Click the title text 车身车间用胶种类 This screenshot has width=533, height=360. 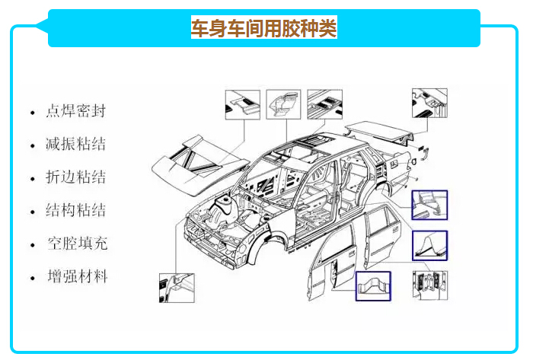(263, 29)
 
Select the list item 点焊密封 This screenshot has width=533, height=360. (75, 111)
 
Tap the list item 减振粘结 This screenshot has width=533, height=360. (75, 145)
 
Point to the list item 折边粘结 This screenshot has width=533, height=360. (75, 177)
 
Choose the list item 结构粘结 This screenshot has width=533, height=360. (75, 211)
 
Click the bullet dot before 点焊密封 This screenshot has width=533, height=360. (32, 113)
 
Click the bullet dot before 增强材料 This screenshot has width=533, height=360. (32, 278)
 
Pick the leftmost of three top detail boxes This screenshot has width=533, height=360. (243, 105)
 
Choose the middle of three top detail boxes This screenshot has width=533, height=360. (284, 105)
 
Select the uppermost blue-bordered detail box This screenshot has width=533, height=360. (429, 205)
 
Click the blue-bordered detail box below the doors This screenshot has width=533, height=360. (373, 287)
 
